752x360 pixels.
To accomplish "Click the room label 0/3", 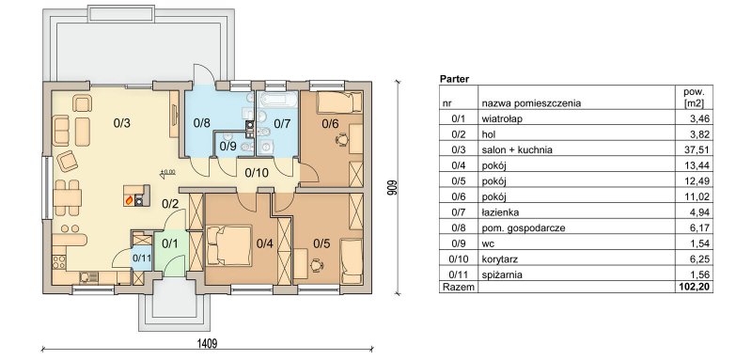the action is [122, 123].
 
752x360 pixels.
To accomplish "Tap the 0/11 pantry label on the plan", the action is [142, 258].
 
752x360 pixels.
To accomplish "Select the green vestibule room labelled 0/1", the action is [169, 254].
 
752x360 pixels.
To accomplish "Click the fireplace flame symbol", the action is [129, 200].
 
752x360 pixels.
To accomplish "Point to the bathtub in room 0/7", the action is [278, 101].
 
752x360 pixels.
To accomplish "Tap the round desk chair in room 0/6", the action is [341, 140].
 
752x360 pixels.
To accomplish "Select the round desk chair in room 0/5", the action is [317, 264].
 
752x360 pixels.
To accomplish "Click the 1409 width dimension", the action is [208, 343].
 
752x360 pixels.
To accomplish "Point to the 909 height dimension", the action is [391, 187].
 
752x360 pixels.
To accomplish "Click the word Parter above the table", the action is [454, 79].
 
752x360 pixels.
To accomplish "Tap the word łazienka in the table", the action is [500, 212].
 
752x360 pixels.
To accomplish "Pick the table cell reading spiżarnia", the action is [502, 275].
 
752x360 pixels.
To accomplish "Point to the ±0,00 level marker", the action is [168, 172].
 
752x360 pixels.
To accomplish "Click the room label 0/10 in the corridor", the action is [257, 173].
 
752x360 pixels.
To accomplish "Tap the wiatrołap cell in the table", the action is [502, 118].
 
